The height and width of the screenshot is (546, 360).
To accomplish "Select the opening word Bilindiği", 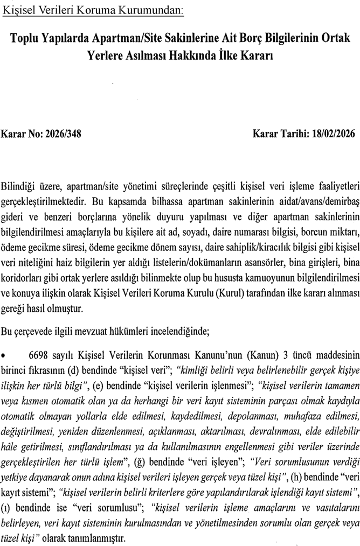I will point(19,186).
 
